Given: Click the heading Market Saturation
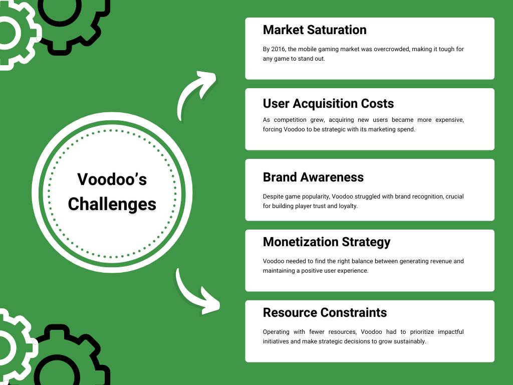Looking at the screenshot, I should pos(314,30).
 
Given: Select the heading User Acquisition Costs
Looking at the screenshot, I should pos(328,104).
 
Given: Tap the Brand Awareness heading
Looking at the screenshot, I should pos(313,177).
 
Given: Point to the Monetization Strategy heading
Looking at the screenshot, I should pos(326,242).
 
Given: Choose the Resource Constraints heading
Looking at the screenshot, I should pos(325,313).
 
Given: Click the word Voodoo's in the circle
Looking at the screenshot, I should pos(112,179).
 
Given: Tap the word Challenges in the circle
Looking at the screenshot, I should pos(112,204).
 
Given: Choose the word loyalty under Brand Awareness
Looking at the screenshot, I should pos(347,206).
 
